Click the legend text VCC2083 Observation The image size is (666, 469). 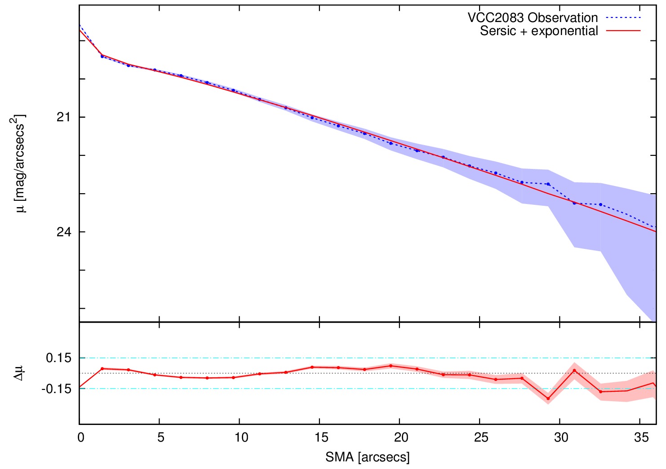(x=533, y=18)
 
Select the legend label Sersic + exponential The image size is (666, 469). (x=539, y=31)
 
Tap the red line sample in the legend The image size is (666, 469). (x=623, y=31)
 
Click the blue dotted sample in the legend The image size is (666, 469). (x=623, y=18)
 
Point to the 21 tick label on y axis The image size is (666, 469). (x=64, y=117)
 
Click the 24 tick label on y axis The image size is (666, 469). (x=64, y=232)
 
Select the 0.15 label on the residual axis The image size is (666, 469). (x=58, y=358)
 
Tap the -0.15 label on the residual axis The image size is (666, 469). (x=57, y=389)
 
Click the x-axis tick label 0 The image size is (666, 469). (x=80, y=438)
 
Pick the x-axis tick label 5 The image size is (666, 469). (x=160, y=438)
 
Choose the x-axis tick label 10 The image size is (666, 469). (x=241, y=438)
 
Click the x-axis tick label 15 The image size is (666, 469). (x=321, y=438)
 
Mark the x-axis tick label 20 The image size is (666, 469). (x=401, y=438)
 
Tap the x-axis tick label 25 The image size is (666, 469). (x=481, y=438)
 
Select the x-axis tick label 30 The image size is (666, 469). (x=561, y=438)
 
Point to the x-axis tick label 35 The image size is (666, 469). (x=641, y=438)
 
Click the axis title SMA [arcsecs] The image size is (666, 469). (x=368, y=457)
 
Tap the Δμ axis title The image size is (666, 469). (x=18, y=373)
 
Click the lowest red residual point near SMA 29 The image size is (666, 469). (x=548, y=398)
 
